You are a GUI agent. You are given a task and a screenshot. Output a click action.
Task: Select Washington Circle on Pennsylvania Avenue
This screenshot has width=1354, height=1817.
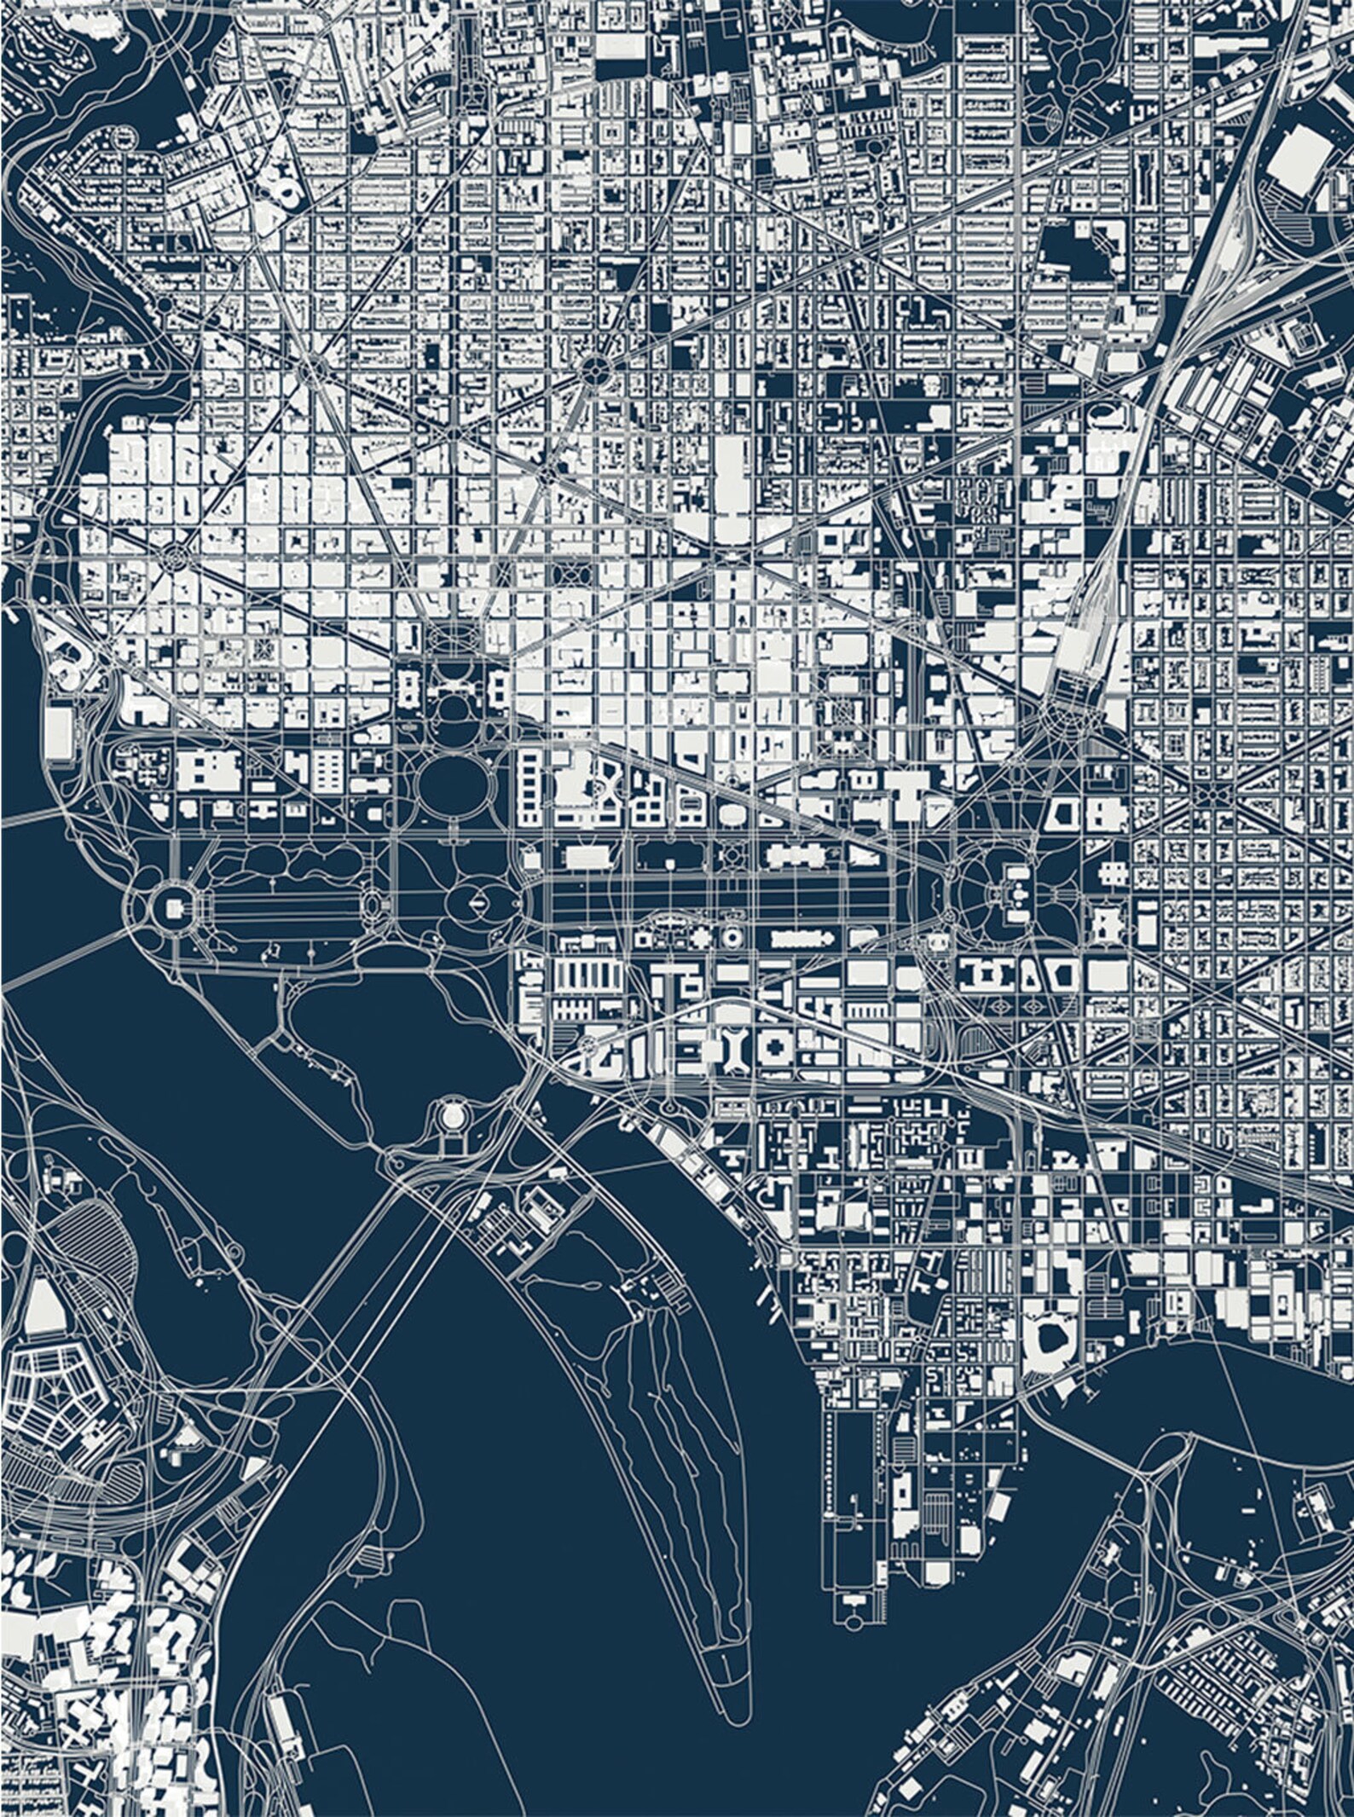click(x=176, y=556)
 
